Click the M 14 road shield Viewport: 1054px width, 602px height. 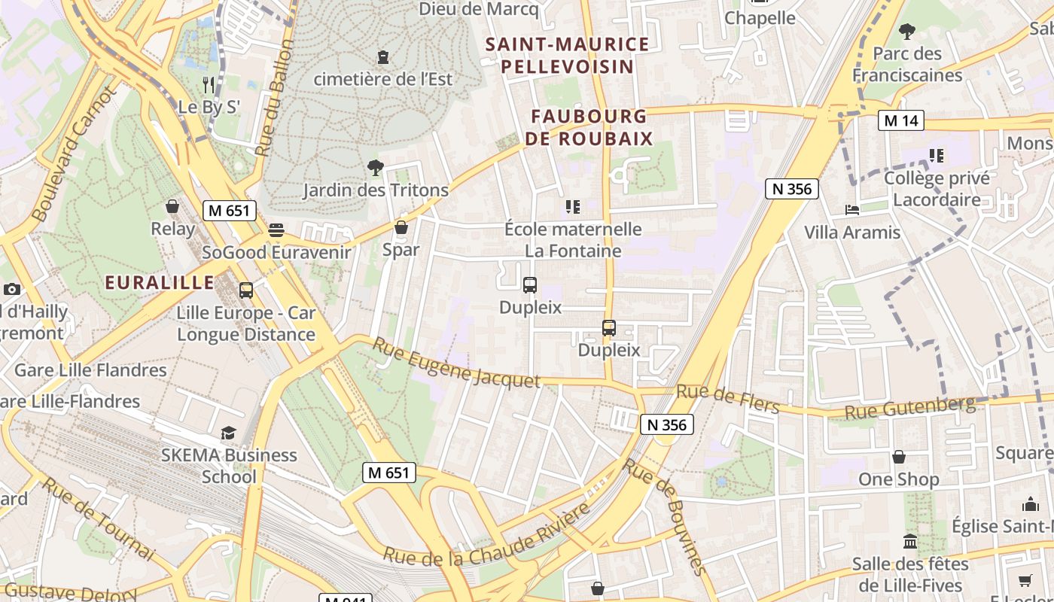(x=900, y=120)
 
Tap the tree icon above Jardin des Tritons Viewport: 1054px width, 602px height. (x=375, y=167)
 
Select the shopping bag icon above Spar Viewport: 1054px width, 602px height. (x=401, y=227)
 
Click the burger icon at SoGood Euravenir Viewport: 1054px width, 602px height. (x=276, y=230)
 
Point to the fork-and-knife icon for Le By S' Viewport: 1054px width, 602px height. (x=209, y=84)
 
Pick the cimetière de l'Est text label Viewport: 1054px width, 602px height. (x=383, y=79)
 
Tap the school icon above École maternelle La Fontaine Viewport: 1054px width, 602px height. (x=572, y=206)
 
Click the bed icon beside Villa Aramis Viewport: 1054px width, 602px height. (x=852, y=210)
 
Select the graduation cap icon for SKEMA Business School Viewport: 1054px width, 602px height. (x=228, y=433)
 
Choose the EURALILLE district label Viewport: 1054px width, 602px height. (x=160, y=283)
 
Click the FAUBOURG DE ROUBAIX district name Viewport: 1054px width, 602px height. (x=589, y=127)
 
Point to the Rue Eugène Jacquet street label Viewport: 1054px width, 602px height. (x=456, y=363)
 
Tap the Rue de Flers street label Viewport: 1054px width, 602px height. (x=727, y=398)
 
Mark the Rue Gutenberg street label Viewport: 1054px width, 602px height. (x=909, y=408)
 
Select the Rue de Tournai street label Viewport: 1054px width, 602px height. (x=98, y=518)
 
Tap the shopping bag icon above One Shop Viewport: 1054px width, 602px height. (x=899, y=457)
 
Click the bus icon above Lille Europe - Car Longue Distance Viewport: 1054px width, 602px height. (x=245, y=290)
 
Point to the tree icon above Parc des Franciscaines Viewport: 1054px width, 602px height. (x=907, y=32)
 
